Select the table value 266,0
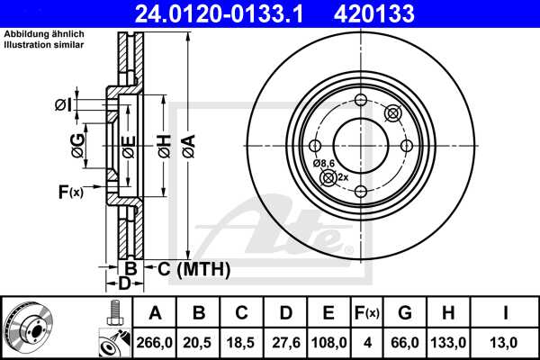[155, 342]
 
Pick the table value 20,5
[200, 342]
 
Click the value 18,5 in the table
[243, 342]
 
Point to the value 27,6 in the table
[286, 342]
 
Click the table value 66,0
[405, 342]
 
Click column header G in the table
[405, 313]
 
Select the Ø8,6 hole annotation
[324, 163]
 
